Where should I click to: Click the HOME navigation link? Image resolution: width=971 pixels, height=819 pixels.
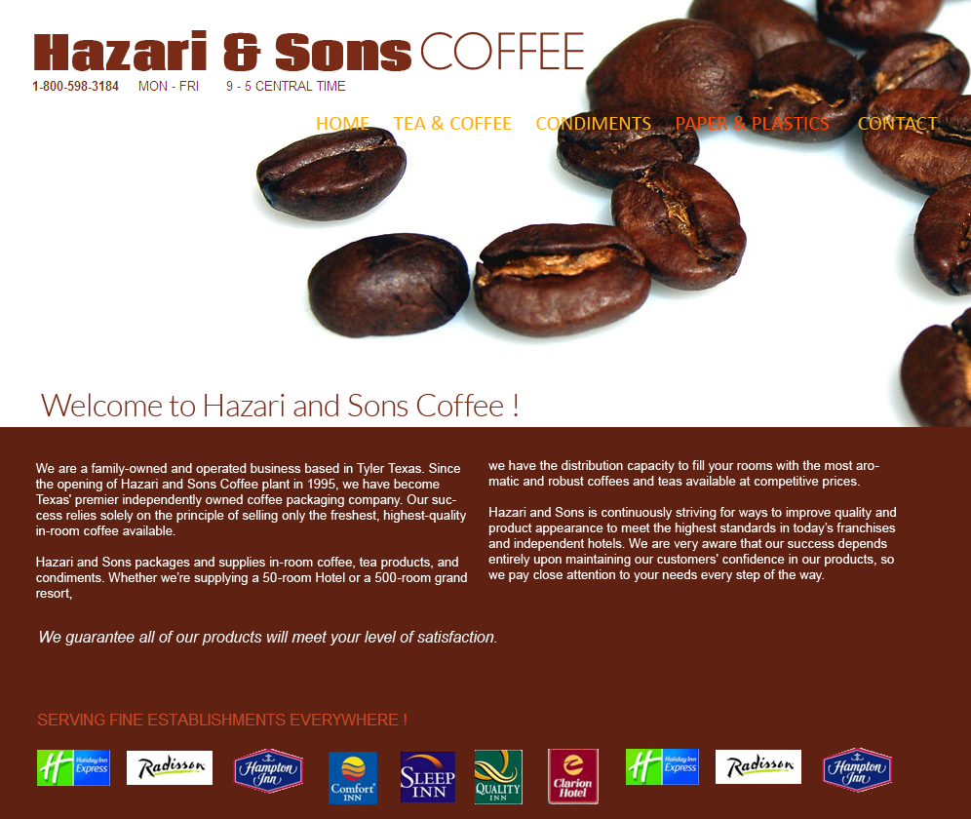[342, 124]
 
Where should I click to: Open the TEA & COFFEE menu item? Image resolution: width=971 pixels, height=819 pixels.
[452, 124]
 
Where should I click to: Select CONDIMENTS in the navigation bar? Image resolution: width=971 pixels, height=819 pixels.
[594, 124]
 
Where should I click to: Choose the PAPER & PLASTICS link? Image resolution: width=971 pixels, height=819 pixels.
[752, 124]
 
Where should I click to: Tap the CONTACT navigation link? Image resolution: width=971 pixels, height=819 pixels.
[897, 124]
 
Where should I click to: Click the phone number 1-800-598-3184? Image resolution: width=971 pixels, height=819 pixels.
[75, 86]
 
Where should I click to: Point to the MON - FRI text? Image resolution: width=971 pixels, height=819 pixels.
[169, 86]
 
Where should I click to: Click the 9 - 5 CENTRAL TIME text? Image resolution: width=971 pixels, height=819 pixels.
[286, 86]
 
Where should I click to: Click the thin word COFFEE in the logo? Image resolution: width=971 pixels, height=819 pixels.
[502, 52]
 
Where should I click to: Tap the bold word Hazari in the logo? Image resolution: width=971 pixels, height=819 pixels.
[120, 52]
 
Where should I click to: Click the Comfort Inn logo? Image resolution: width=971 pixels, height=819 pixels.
[352, 777]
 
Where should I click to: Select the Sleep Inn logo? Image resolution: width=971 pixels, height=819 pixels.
[427, 777]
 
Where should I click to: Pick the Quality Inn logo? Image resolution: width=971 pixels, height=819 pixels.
[498, 777]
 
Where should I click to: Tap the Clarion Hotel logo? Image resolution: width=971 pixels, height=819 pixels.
[573, 776]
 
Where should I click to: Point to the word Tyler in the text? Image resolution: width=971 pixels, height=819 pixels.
[371, 469]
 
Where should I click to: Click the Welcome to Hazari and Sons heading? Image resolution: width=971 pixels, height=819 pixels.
[279, 406]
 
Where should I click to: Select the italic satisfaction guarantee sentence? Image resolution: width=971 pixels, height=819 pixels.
[267, 637]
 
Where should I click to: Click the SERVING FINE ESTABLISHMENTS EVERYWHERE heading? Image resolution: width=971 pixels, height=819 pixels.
[222, 720]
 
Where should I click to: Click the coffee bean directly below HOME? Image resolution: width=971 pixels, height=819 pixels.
[331, 175]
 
